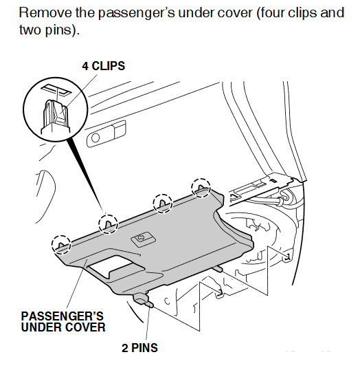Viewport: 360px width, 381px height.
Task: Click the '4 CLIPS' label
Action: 104,66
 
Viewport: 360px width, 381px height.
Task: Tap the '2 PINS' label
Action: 139,348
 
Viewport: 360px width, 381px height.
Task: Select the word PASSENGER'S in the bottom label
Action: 63,316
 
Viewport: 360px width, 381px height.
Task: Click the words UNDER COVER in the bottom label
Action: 63,327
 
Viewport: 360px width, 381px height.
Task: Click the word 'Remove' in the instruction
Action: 45,12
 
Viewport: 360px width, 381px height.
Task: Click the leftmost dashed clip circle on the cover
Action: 61,245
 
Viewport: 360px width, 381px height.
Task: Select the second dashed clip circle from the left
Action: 108,224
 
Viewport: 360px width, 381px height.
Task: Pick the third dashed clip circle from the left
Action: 162,204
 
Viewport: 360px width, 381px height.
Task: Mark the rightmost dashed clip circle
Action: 201,188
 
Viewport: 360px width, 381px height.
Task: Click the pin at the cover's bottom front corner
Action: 143,300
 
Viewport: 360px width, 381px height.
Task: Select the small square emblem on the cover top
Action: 143,239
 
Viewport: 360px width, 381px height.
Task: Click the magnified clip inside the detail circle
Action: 55,116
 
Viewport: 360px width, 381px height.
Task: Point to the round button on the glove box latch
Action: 95,138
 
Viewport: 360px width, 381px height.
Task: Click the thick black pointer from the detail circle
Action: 85,174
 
